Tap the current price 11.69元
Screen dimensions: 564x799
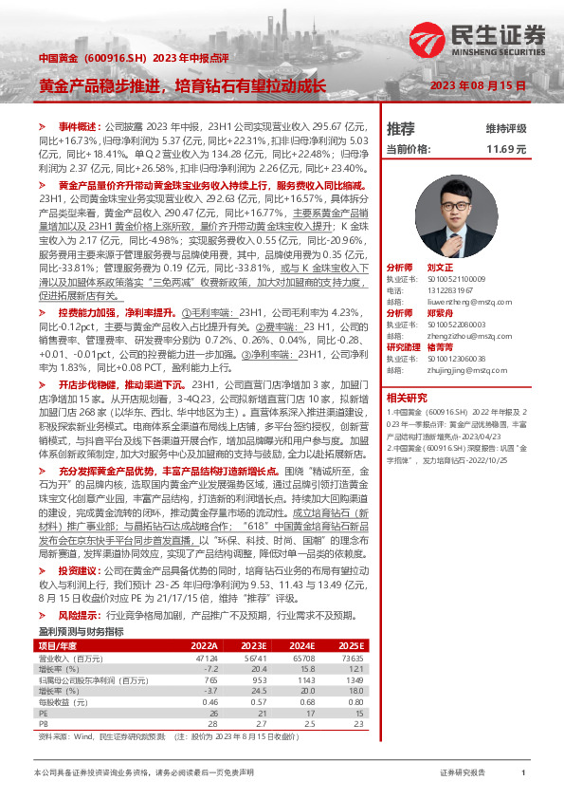[505, 150]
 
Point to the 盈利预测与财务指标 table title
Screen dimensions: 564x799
[81, 631]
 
